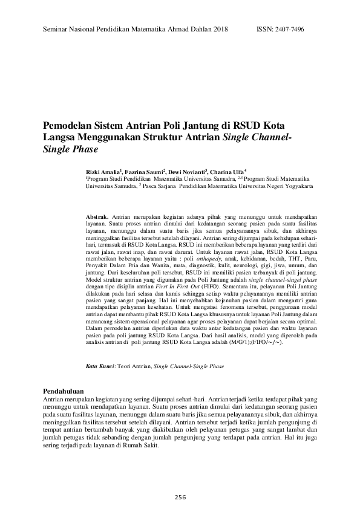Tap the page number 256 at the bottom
click(x=180, y=496)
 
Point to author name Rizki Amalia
click(x=102, y=172)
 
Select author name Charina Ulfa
click(x=228, y=172)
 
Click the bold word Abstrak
click(x=97, y=216)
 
